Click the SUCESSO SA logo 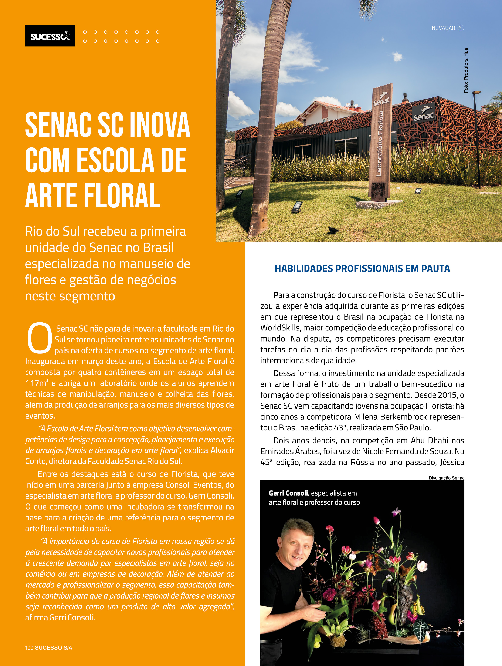[50, 36]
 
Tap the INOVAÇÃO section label [442, 28]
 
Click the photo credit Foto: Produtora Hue [466, 70]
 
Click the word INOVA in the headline [159, 125]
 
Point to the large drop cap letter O [39, 338]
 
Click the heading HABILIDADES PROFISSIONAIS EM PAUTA [362, 268]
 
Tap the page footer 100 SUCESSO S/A [48, 648]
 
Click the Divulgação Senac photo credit [446, 478]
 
